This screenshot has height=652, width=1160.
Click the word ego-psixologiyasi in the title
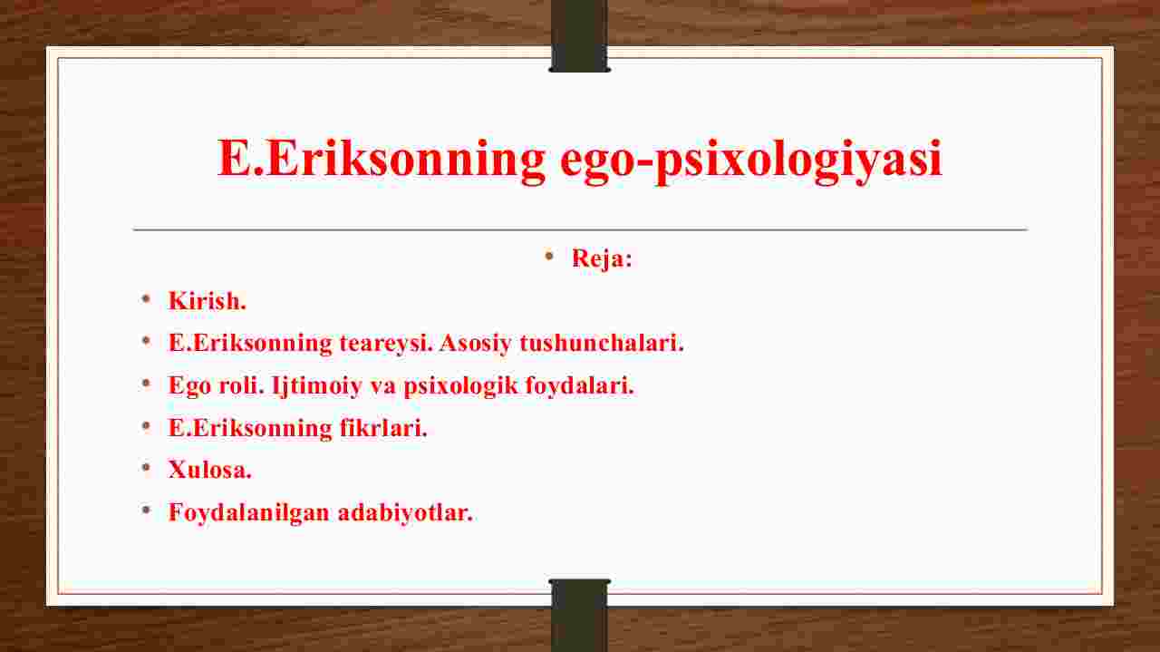[x=751, y=160]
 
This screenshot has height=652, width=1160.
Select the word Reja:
[x=602, y=258]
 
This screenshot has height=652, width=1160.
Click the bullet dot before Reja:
[x=549, y=256]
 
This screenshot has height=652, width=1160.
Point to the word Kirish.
[x=208, y=300]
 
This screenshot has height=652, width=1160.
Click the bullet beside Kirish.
[x=146, y=298]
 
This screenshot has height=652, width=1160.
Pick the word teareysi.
[x=386, y=343]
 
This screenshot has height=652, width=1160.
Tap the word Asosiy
[x=476, y=343]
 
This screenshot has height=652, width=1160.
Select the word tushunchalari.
[x=601, y=343]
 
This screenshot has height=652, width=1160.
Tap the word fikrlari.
[x=383, y=428]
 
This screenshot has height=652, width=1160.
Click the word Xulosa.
[x=209, y=470]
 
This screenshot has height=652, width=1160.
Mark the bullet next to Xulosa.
[x=146, y=468]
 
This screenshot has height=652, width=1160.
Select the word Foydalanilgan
[x=249, y=512]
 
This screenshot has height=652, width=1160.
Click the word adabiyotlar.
[x=405, y=512]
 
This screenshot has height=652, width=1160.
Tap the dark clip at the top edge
[x=579, y=35]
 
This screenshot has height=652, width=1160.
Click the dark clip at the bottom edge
[x=579, y=615]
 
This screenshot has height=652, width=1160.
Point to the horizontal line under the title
[x=581, y=229]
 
